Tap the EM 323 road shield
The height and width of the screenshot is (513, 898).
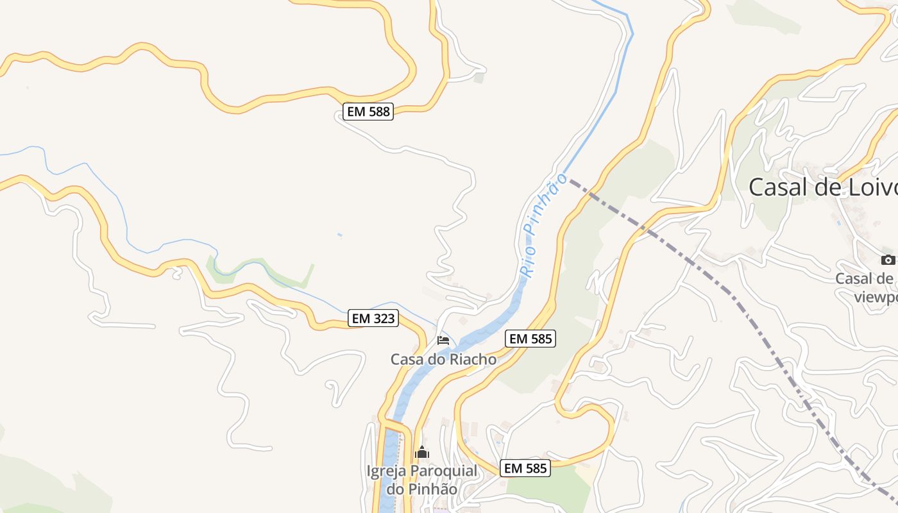click(x=373, y=317)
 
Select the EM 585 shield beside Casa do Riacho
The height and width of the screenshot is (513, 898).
click(x=530, y=339)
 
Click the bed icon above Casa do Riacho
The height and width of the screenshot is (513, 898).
click(x=443, y=340)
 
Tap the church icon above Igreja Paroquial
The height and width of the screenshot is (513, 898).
click(x=421, y=453)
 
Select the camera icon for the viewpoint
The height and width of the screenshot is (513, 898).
click(x=888, y=260)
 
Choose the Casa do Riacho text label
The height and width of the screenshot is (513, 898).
click(x=443, y=359)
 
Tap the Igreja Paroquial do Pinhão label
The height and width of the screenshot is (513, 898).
click(x=421, y=480)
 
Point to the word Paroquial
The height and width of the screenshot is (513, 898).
click(x=443, y=471)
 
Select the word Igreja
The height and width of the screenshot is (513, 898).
click(x=386, y=471)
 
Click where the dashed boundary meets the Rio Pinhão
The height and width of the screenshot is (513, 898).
click(x=568, y=180)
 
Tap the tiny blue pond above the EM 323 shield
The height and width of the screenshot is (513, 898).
click(x=339, y=235)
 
